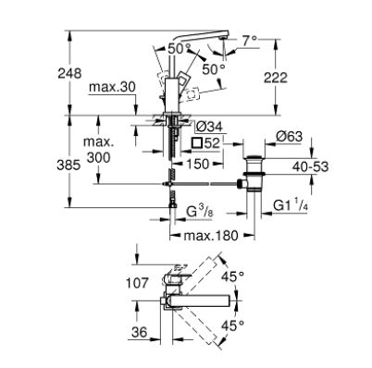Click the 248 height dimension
click(69, 73)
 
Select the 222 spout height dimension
click(276, 78)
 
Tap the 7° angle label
click(249, 41)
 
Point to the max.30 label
click(112, 88)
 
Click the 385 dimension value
click(68, 166)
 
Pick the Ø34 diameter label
click(209, 127)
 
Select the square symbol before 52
click(196, 143)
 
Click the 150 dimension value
click(197, 164)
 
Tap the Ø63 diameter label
click(289, 137)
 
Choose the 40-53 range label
click(310, 166)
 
